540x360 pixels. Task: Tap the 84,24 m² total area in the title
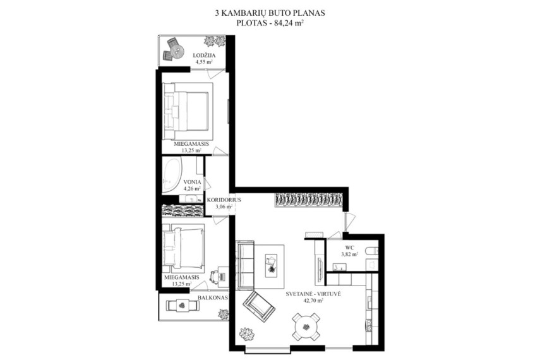[289, 23]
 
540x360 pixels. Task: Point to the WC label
[349, 248]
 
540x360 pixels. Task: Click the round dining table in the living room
[305, 327]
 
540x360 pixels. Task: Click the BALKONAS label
[212, 298]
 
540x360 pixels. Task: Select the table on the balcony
[182, 306]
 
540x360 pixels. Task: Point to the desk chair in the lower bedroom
[215, 277]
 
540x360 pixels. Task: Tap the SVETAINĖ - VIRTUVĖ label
[313, 294]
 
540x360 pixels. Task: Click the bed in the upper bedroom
[187, 111]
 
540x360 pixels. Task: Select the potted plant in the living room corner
[246, 333]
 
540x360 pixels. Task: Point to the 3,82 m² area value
[349, 255]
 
